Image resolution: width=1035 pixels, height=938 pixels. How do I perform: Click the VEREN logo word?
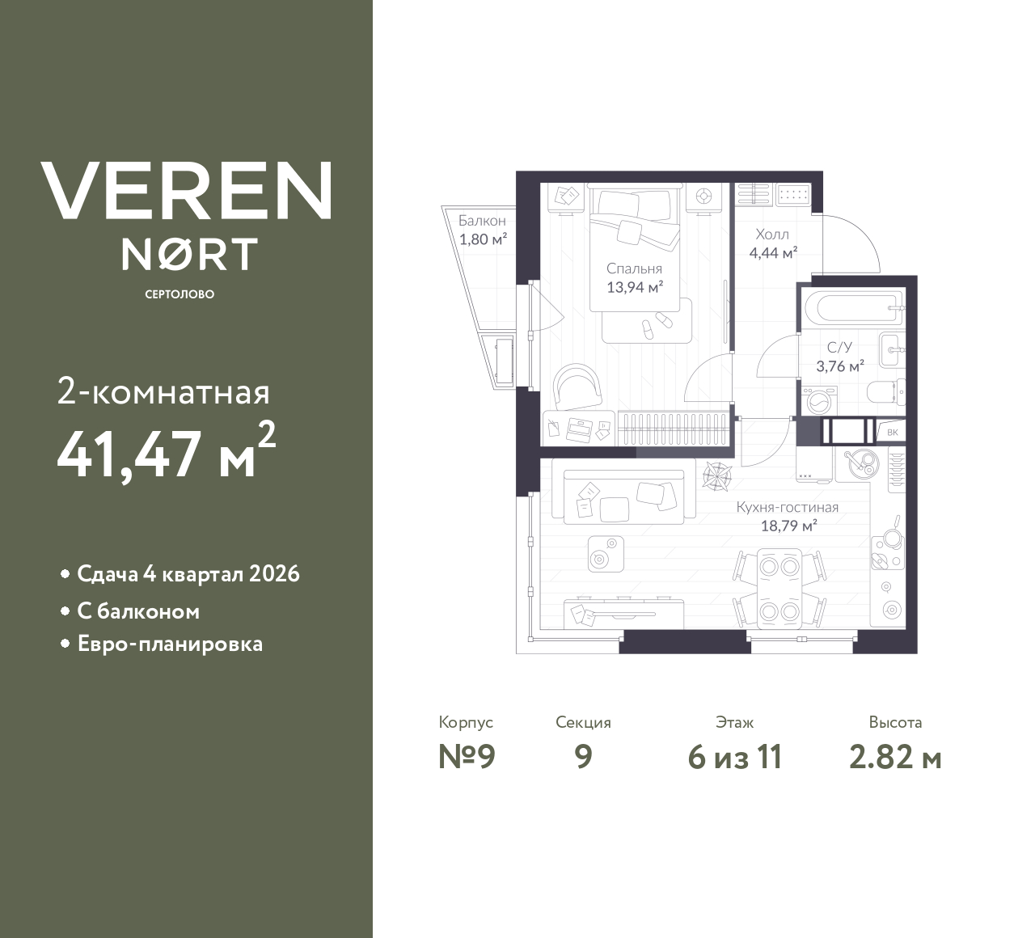click(186, 191)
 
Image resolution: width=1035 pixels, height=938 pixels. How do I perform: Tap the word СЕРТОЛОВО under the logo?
click(180, 294)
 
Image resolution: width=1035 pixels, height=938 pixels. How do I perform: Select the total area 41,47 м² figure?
click(167, 453)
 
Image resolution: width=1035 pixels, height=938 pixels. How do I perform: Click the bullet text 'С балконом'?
click(138, 611)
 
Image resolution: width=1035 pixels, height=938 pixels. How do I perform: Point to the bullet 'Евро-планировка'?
click(170, 644)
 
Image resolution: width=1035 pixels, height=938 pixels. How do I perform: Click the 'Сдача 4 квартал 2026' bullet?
click(188, 574)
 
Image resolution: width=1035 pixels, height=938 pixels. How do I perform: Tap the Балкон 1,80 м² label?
click(482, 230)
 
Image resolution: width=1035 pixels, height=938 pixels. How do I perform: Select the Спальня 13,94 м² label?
click(635, 277)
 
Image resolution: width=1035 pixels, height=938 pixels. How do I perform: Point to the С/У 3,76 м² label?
click(840, 356)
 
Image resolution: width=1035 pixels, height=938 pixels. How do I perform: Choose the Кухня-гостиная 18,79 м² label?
click(787, 516)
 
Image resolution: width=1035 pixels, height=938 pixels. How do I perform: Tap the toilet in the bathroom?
click(884, 394)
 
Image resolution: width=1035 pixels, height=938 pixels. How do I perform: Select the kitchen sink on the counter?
click(858, 463)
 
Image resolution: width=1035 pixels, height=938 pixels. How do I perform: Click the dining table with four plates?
click(779, 585)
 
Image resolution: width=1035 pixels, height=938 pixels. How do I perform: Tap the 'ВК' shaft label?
click(893, 432)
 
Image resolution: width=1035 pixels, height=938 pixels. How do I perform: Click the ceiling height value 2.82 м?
click(895, 758)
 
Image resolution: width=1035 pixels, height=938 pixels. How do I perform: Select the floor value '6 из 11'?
click(734, 758)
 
